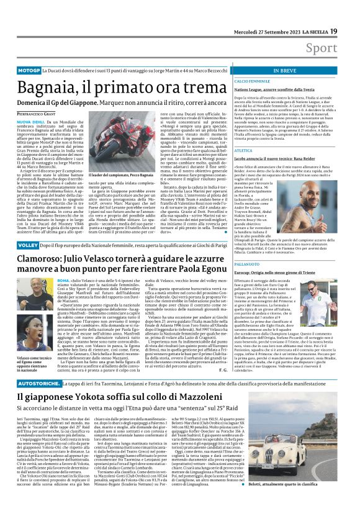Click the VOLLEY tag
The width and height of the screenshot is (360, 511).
[x=27, y=246]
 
